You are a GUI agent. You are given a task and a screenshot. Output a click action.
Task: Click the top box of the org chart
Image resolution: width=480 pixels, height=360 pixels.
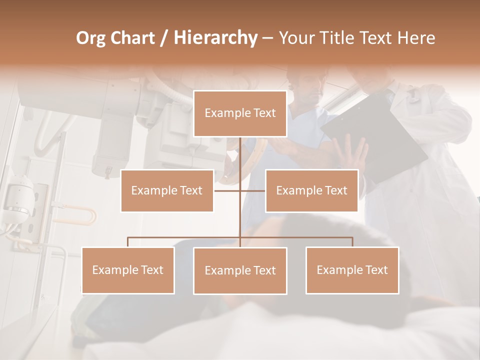point(240,113)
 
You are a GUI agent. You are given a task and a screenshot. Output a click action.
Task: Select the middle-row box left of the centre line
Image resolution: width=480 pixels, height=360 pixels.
point(167,190)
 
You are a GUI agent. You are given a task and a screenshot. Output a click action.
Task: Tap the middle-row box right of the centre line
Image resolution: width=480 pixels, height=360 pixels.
point(311,190)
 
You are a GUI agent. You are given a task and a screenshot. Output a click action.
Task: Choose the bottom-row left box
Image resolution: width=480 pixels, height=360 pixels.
point(128,270)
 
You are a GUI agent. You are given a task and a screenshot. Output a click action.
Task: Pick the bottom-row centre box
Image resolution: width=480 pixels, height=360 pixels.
point(240,270)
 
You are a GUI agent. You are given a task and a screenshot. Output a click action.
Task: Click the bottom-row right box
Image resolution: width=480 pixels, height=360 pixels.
point(352,270)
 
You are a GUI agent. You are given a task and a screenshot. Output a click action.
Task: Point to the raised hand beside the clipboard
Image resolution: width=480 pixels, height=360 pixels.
point(352,155)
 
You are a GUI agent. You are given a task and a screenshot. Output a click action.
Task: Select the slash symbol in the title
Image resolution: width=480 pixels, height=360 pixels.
point(162,38)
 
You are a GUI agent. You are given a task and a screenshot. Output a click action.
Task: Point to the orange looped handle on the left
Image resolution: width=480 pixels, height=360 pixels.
point(80,216)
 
